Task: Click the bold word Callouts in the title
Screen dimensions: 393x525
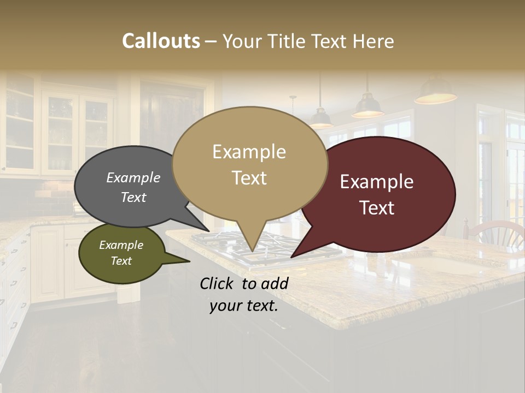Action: tap(161, 41)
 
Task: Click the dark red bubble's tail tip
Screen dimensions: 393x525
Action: tap(293, 256)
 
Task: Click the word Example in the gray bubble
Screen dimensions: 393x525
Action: tap(133, 177)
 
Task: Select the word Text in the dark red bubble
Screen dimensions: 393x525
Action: tap(377, 208)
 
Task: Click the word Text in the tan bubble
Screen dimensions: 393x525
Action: tap(249, 178)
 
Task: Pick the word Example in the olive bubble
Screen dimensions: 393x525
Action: tap(121, 245)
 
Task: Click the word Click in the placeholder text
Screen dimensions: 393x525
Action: tap(217, 283)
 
